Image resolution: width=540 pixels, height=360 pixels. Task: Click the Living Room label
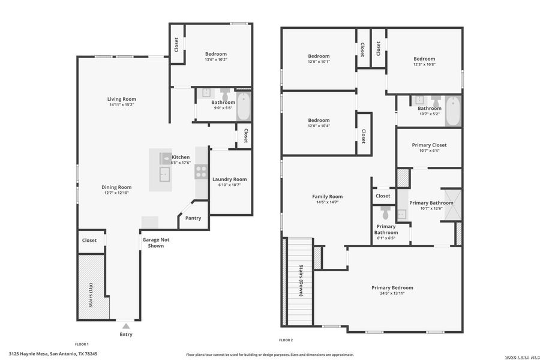[122, 99]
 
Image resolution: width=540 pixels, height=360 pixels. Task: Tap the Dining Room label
[116, 187]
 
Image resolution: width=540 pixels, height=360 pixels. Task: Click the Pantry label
[193, 218]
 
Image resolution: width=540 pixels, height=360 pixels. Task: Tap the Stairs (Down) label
[301, 280]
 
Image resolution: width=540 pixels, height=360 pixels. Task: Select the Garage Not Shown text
[152, 242]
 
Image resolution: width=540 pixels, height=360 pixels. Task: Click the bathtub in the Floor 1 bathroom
[243, 106]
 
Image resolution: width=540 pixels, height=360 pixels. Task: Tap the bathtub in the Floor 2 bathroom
[453, 111]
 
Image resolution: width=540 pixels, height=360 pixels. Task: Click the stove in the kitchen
[201, 172]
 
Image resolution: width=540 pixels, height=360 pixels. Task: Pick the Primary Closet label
[429, 145]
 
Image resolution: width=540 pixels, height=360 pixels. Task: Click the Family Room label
[327, 197]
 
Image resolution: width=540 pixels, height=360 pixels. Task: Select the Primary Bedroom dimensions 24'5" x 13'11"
[392, 293]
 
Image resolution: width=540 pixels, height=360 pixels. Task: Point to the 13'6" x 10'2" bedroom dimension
[216, 59]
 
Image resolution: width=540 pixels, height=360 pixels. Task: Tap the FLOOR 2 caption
[286, 340]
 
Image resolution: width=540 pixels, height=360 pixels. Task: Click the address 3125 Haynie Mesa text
[53, 354]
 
